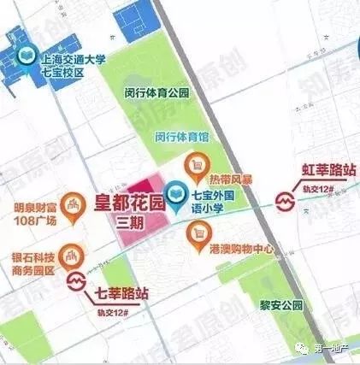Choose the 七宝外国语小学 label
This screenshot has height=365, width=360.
223,206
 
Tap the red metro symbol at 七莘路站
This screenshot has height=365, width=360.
77,281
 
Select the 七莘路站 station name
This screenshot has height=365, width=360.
121,293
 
